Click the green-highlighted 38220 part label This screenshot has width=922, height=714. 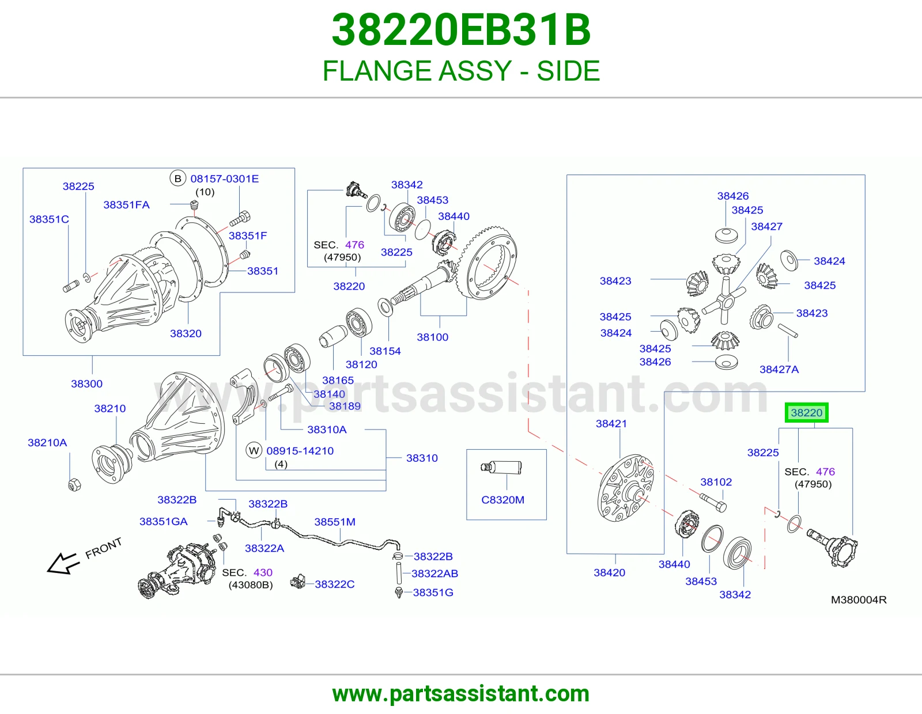point(806,412)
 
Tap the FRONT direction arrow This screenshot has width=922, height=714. point(63,563)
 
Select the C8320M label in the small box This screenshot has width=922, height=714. point(502,500)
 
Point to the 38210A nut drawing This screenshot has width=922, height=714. point(74,484)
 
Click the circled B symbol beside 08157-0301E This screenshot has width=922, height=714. point(178,178)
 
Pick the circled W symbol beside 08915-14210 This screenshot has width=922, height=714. point(254,450)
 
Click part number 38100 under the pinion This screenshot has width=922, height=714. point(432,337)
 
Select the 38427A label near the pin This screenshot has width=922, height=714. point(779,369)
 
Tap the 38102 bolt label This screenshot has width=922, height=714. point(716,481)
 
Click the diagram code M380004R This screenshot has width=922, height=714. point(859,599)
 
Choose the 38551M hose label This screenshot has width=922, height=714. point(335,522)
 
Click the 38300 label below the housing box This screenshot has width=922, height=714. point(86,383)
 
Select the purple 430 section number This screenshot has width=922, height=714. point(263,572)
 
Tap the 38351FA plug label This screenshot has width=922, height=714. point(126,205)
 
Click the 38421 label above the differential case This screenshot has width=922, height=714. point(611,423)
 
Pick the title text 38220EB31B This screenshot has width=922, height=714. point(461,30)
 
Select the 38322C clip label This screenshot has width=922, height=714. point(334,584)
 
